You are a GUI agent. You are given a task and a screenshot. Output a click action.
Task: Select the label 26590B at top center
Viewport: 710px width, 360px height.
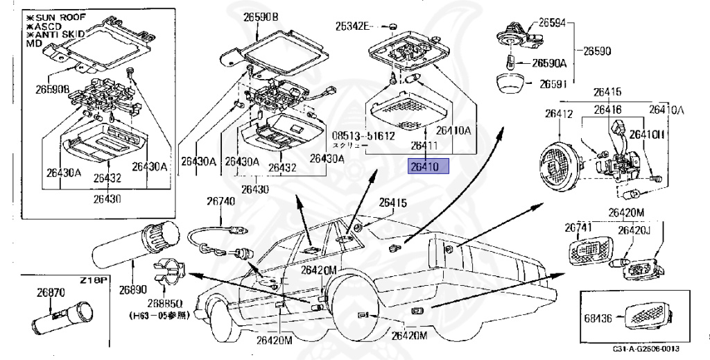pyautogui.click(x=261, y=16)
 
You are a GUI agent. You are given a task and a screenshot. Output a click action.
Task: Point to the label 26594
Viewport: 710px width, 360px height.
pyautogui.click(x=551, y=22)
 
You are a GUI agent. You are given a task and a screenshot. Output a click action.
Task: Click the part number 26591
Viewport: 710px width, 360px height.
pyautogui.click(x=548, y=85)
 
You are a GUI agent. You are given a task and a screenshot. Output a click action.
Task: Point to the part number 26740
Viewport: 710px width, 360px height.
pyautogui.click(x=220, y=202)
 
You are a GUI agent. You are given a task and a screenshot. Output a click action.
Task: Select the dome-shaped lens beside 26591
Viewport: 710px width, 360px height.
pyautogui.click(x=512, y=85)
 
